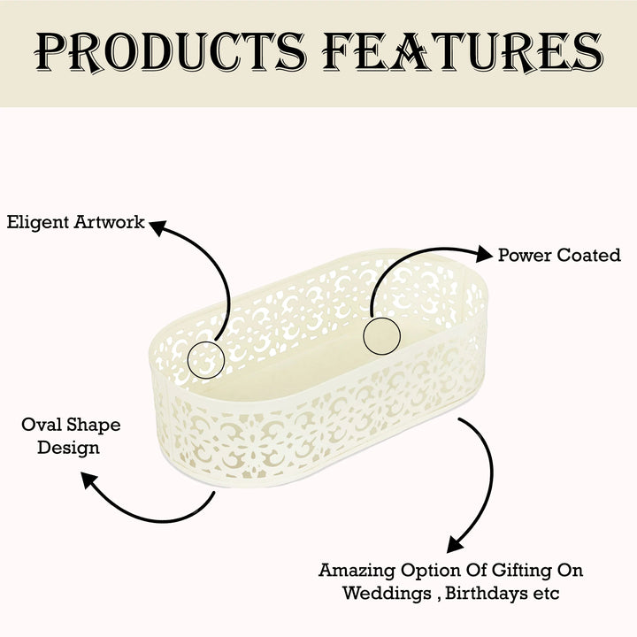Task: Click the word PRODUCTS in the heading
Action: pyautogui.click(x=170, y=52)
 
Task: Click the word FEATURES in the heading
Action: pyautogui.click(x=463, y=52)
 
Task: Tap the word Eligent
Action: pyautogui.click(x=38, y=223)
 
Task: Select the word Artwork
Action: pyautogui.click(x=110, y=222)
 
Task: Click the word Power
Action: pyautogui.click(x=525, y=255)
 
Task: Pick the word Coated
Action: pyautogui.click(x=588, y=255)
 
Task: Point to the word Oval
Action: pyautogui.click(x=41, y=425)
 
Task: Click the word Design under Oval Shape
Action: pyautogui.click(x=68, y=448)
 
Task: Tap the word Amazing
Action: pyautogui.click(x=357, y=571)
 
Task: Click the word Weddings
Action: pyautogui.click(x=388, y=594)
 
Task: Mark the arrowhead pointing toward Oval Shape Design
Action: pyautogui.click(x=89, y=480)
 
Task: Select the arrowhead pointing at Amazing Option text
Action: pyautogui.click(x=455, y=544)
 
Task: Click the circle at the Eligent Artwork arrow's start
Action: pyautogui.click(x=206, y=342)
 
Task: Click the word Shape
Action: pyautogui.click(x=94, y=426)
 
